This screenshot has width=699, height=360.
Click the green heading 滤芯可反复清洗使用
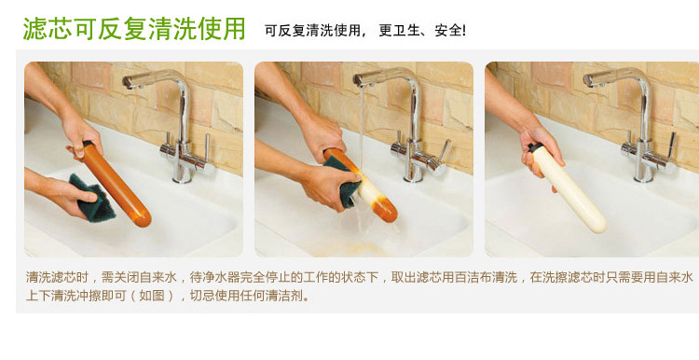click(x=134, y=29)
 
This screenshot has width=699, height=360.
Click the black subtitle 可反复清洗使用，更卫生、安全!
click(x=365, y=31)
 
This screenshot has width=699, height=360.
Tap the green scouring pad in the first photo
click(x=91, y=197)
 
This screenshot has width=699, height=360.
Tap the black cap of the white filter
click(x=534, y=146)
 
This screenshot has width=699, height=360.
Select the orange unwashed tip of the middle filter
click(x=386, y=211)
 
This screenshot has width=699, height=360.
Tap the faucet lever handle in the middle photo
click(x=444, y=151)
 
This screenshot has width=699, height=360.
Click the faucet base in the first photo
click(x=182, y=174)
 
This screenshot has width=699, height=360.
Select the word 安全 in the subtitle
click(x=447, y=31)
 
